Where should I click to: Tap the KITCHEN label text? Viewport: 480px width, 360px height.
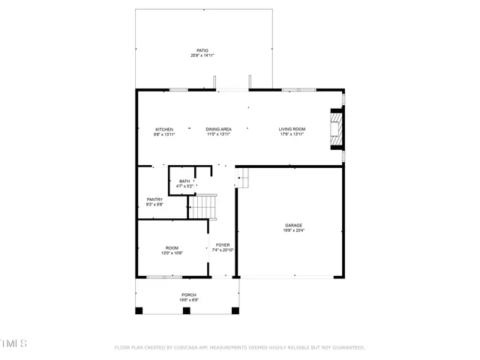tap(164, 129)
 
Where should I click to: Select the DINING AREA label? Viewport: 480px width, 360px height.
tap(219, 129)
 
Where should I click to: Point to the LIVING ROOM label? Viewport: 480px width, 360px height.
tap(292, 129)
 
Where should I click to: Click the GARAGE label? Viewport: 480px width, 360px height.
tap(293, 225)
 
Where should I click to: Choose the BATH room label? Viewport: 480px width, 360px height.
tap(184, 181)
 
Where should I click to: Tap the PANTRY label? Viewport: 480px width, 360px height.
tap(154, 199)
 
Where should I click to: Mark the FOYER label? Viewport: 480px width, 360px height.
tap(223, 244)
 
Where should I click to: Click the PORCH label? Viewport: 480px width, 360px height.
tap(188, 295)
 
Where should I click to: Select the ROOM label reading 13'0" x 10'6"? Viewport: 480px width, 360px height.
tap(172, 248)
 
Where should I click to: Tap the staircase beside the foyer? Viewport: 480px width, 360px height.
tap(202, 206)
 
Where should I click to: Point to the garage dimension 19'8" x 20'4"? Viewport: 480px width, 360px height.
tap(293, 230)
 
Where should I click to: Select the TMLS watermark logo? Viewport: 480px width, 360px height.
tap(13, 343)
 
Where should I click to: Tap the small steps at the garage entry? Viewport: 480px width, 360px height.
tap(242, 178)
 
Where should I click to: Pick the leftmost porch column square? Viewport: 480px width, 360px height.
tap(139, 310)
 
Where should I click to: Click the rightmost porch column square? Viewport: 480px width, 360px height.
tap(236, 310)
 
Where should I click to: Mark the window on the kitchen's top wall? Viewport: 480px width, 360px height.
tap(178, 90)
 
